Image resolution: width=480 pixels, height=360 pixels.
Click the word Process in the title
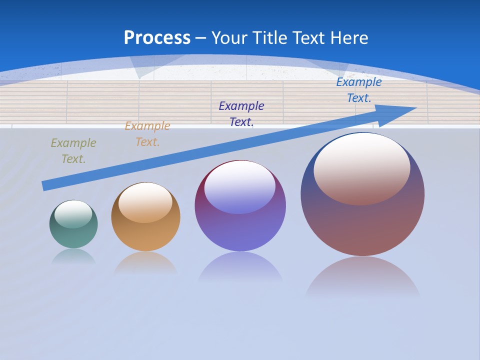[x=157, y=38]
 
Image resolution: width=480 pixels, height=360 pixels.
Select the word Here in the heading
[x=348, y=38]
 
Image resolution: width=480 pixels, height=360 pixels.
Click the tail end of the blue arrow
[x=44, y=186]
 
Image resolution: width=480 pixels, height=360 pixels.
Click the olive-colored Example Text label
[x=73, y=151]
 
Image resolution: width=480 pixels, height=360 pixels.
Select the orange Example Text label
[x=147, y=134]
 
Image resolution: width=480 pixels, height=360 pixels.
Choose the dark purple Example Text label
[x=241, y=113]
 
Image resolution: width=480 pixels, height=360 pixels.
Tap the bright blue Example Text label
[x=359, y=90]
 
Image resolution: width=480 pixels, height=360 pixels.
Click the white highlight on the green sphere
[x=73, y=213]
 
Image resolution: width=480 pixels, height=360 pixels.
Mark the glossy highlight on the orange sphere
[x=145, y=202]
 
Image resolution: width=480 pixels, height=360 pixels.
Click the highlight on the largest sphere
[x=362, y=167]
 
